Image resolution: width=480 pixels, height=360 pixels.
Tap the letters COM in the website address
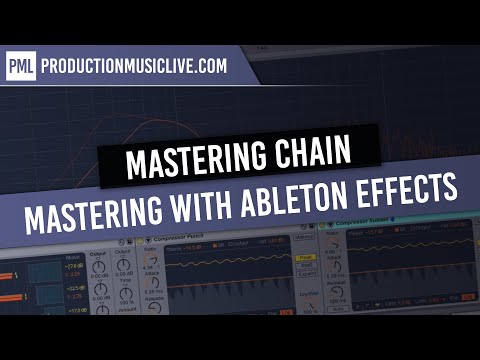click(212, 67)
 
